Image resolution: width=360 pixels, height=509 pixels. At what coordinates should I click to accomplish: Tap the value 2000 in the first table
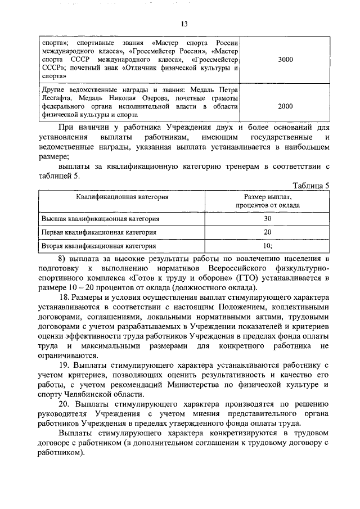pos(285,106)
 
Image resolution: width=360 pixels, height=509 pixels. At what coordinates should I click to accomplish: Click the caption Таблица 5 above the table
pos(312,184)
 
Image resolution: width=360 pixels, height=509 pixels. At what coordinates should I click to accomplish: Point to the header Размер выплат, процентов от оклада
pos(268,201)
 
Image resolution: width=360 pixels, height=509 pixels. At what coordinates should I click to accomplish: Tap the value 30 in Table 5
pos(268,218)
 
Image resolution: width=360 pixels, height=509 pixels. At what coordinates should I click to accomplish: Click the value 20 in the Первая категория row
pos(268,232)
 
